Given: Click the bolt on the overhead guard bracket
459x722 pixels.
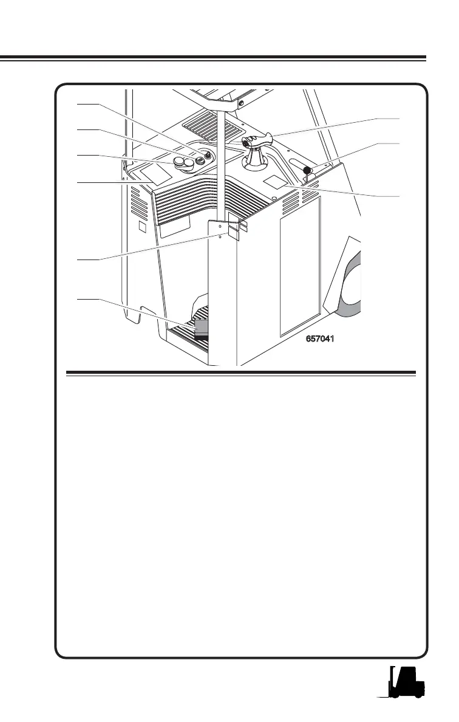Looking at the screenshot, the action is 242,103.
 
